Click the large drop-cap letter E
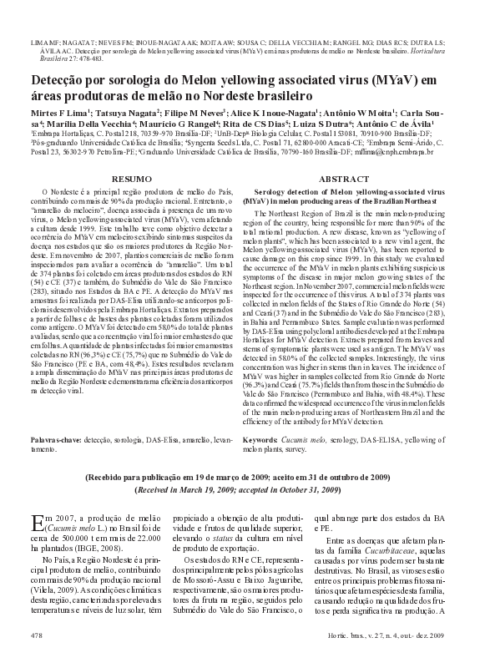(38, 523)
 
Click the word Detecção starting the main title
(61, 79)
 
